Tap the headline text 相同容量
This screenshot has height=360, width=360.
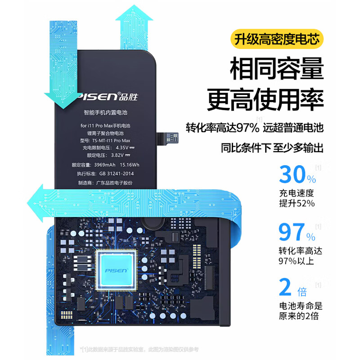coord(276,70)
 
